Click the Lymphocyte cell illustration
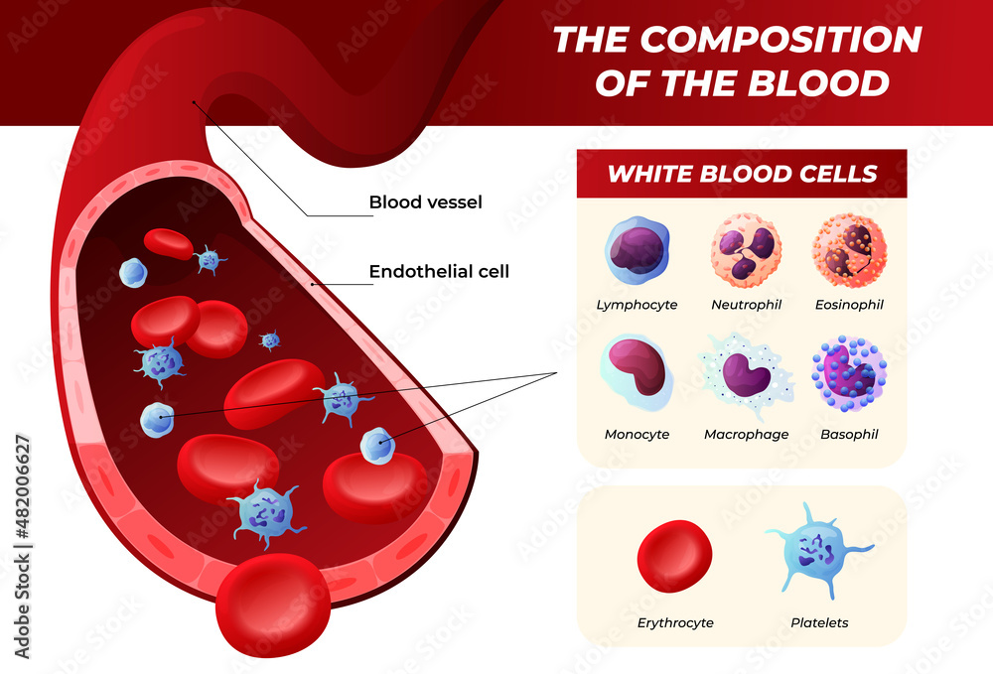pos(637,249)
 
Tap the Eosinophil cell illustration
pos(849,249)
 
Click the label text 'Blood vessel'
pos(425,202)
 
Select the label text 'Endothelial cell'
pos(439,271)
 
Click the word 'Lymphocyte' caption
pos(637,305)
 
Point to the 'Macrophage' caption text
pos(746,434)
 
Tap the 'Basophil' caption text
pos(849,434)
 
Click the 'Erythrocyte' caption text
pos(675,622)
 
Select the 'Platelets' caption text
pos(819,622)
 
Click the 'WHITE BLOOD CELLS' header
pos(742,174)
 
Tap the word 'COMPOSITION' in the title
pos(781,40)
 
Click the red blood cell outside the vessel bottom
pos(273,606)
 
